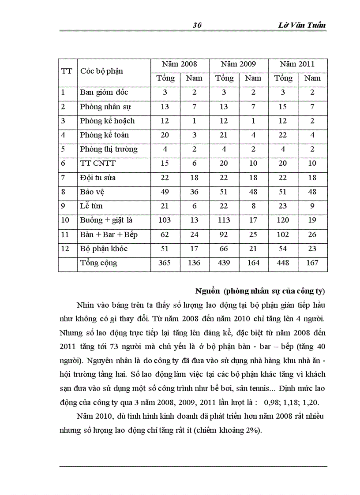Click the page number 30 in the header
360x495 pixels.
click(x=197, y=26)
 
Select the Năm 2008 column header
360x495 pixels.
click(x=180, y=64)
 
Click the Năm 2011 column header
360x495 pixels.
click(x=297, y=64)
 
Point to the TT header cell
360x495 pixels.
click(x=66, y=71)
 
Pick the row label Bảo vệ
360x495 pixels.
click(x=92, y=192)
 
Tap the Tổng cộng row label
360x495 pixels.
click(x=98, y=263)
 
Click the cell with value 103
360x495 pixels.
click(x=165, y=220)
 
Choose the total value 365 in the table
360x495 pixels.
click(x=165, y=263)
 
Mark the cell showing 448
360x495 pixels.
click(x=283, y=263)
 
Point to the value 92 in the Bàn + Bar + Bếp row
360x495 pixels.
click(x=224, y=234)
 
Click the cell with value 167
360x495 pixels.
click(x=312, y=263)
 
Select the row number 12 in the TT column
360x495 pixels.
click(x=65, y=249)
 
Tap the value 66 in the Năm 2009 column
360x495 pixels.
click(x=224, y=249)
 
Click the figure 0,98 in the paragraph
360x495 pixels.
click(x=270, y=402)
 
